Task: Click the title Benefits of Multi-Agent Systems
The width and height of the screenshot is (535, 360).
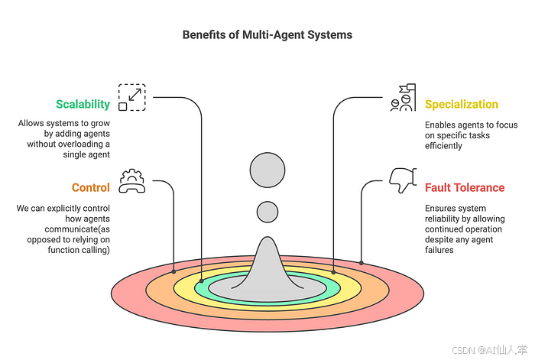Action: (267, 35)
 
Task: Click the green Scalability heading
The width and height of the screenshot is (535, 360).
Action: (83, 104)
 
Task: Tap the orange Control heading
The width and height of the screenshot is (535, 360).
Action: (91, 187)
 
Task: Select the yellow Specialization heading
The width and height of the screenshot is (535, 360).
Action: (461, 104)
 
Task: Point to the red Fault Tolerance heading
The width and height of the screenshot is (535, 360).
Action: (465, 187)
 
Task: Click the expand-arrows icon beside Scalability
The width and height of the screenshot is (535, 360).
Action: (131, 97)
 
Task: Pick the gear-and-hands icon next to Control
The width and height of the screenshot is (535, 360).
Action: (131, 182)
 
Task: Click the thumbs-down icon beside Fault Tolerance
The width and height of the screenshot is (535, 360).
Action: (402, 181)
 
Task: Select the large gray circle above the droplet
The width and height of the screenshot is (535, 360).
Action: (267, 170)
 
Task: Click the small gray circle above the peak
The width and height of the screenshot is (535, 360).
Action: (267, 212)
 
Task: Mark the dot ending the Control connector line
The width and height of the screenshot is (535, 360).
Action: (175, 271)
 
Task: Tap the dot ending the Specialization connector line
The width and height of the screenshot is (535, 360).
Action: (334, 271)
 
